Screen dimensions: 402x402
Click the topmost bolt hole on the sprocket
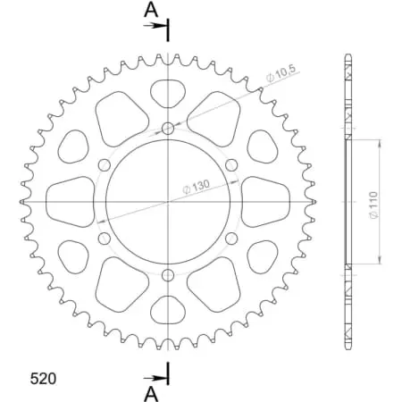(x=169, y=130)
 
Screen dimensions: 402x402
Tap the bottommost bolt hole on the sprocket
(x=169, y=273)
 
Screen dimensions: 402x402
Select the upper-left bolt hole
(x=104, y=165)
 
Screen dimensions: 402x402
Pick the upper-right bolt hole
(x=231, y=165)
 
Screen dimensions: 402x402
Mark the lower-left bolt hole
(x=104, y=238)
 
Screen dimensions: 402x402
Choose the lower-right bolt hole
(x=231, y=238)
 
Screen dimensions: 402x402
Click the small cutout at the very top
(x=168, y=91)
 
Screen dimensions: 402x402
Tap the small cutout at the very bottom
(x=168, y=310)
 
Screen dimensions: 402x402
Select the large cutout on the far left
(x=71, y=201)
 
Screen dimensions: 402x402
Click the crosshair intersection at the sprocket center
(x=169, y=201)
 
